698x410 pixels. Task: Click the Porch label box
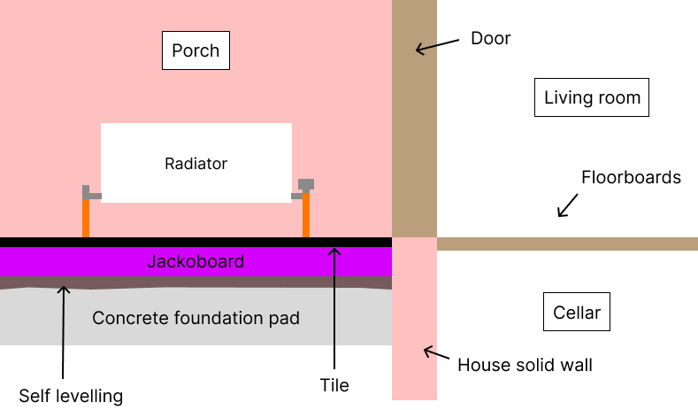coord(196,50)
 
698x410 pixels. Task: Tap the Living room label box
coord(592,97)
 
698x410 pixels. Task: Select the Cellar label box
coord(577,313)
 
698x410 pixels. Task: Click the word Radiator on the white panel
coord(196,164)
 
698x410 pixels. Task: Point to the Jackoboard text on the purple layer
coord(196,262)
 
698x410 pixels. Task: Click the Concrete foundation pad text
coord(196,317)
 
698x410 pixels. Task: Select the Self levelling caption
coord(71,395)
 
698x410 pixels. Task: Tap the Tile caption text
coord(334,385)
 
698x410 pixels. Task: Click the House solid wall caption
coord(525,365)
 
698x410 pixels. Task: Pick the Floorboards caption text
coord(631,177)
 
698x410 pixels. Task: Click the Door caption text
coord(491,38)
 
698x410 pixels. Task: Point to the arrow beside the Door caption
coord(437,46)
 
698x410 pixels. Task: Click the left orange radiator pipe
coord(86,218)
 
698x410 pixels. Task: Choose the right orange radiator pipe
coord(306,216)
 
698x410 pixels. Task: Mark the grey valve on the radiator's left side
coord(90,193)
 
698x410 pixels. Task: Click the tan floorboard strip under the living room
coord(566,244)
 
